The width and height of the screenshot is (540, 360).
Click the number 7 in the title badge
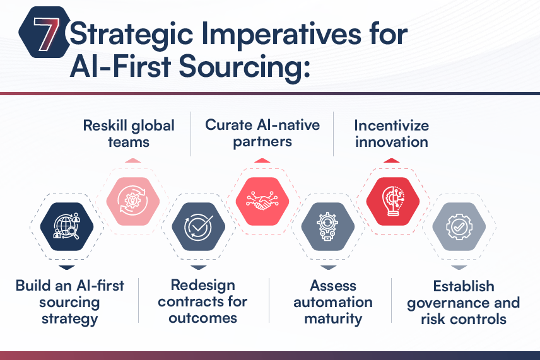tap(46, 33)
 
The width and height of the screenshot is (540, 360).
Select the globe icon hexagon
tap(67, 226)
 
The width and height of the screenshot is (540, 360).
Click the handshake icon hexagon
tap(262, 201)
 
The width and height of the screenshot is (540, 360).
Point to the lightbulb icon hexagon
tap(393, 201)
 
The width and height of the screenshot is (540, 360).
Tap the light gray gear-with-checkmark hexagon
tap(459, 226)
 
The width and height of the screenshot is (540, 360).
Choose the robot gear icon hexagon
tap(328, 226)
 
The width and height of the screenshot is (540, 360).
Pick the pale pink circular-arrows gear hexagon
tap(133, 201)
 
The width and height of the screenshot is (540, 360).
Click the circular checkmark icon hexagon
tap(198, 226)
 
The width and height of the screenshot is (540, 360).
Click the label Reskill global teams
tap(129, 134)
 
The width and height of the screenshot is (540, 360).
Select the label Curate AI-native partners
tap(262, 133)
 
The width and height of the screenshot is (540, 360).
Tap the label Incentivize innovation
tap(392, 134)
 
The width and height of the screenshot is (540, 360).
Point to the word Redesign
tap(203, 286)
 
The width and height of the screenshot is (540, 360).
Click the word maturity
tap(333, 319)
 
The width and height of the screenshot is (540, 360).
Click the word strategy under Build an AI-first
tap(69, 319)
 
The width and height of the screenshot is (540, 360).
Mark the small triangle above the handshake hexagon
tap(262, 160)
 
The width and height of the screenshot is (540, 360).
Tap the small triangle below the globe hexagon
tap(67, 267)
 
